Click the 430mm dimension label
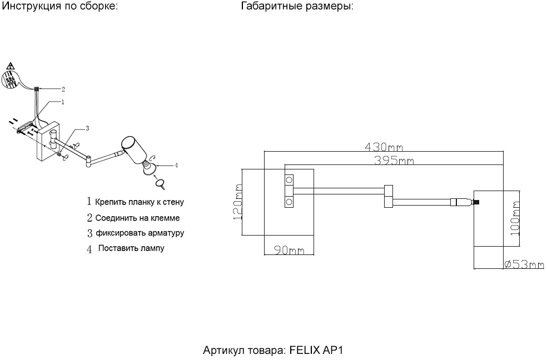tap(384, 147)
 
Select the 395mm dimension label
tap(394, 161)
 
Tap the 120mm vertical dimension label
tap(237, 203)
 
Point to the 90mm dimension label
tap(289, 251)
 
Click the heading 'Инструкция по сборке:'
tap(61, 7)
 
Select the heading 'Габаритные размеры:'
tap(297, 7)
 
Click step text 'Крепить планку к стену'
tap(139, 202)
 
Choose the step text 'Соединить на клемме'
tap(137, 218)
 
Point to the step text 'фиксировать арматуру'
tap(140, 233)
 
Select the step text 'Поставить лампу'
tap(131, 248)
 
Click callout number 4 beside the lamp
tap(176, 164)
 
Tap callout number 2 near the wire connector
tap(63, 88)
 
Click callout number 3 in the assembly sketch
tap(87, 128)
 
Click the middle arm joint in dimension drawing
tap(388, 196)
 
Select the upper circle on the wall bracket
tap(289, 180)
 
